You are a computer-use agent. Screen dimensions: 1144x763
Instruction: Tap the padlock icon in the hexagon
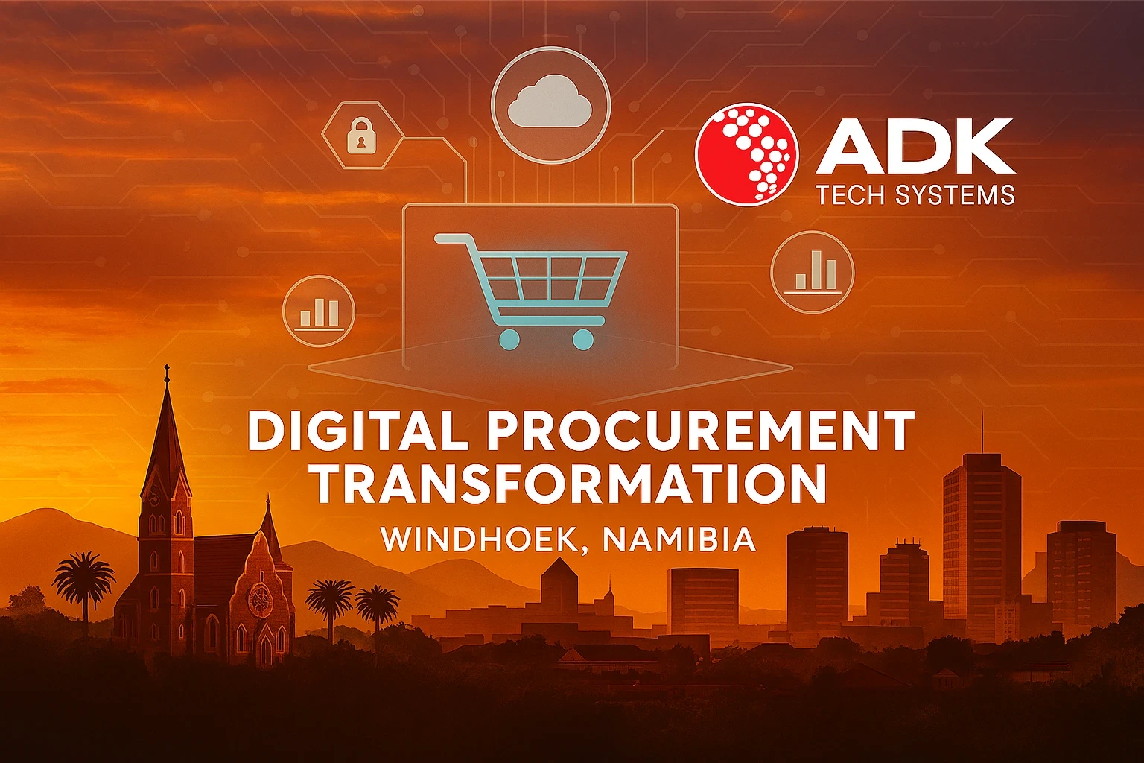pos(361,135)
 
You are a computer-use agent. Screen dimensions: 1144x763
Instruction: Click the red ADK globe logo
pos(747,155)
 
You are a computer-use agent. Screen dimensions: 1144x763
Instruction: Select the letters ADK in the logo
pos(915,147)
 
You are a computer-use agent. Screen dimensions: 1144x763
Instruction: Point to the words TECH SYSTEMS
pos(915,195)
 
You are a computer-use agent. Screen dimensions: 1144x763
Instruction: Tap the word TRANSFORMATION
pos(571,484)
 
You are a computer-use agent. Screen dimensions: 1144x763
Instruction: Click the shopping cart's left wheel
pos(508,339)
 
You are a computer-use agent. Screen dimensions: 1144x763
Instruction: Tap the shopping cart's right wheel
pos(582,339)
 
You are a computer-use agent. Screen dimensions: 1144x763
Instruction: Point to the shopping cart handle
pos(452,238)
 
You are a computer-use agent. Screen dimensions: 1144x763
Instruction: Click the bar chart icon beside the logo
pos(812,272)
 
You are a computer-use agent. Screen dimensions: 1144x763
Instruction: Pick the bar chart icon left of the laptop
pos(319,311)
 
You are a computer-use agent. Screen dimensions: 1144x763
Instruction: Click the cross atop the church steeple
pos(167,373)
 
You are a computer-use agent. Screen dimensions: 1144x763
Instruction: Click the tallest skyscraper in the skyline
pos(982,536)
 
